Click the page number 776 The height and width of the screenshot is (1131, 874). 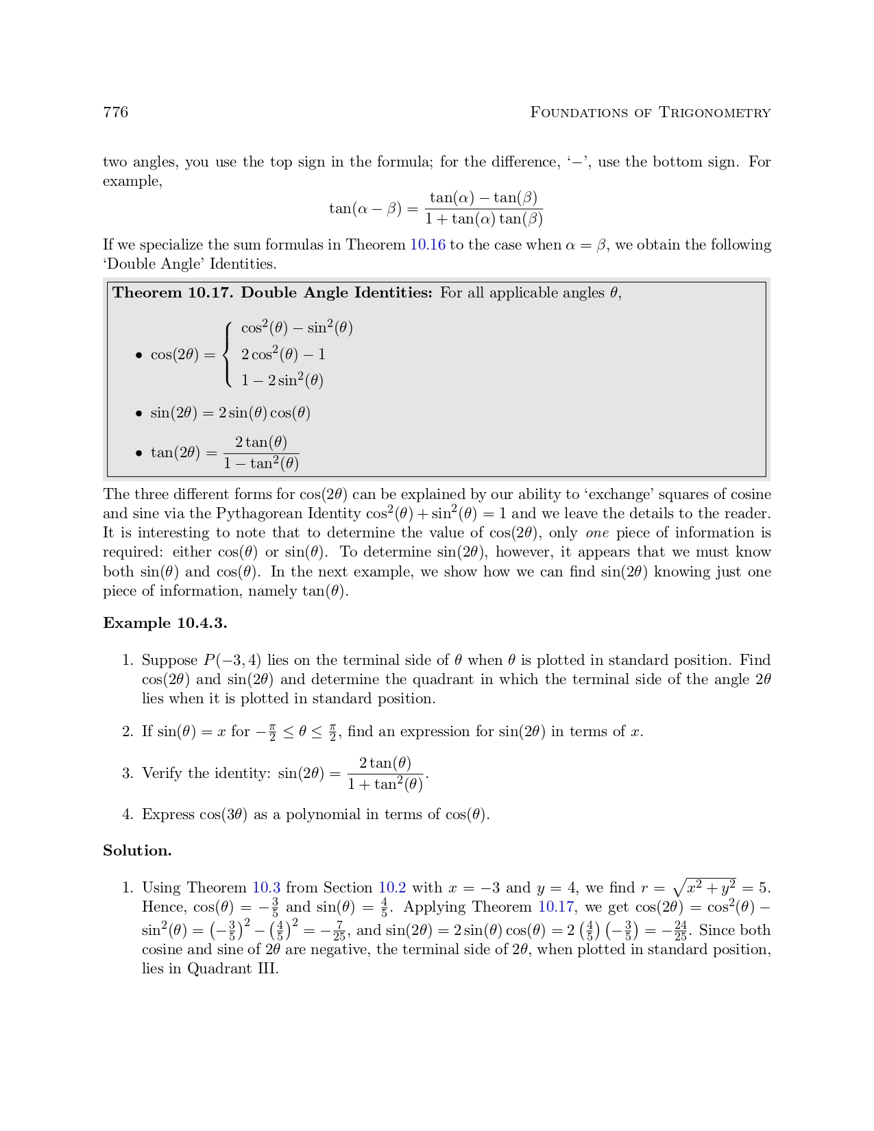(115, 112)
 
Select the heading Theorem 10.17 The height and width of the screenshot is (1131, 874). (173, 293)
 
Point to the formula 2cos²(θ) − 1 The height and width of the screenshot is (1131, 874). (283, 354)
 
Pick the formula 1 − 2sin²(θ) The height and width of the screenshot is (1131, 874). (282, 380)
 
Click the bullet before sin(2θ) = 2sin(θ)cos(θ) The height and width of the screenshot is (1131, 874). (139, 413)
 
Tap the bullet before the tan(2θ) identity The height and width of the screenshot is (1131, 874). (139, 453)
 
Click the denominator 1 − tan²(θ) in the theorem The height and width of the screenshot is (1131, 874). (261, 464)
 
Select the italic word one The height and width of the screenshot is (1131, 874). (597, 533)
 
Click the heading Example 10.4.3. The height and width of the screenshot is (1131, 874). (165, 623)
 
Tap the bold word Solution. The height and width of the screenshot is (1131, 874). (137, 851)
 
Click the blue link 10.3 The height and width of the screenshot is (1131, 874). (266, 888)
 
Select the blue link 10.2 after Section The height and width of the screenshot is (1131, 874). (392, 888)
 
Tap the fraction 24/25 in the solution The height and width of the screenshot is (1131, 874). (680, 931)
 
